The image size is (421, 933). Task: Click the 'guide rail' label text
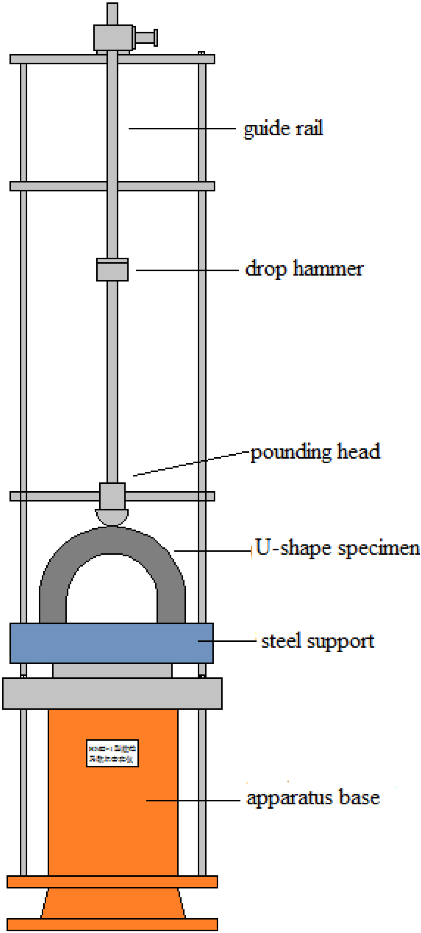pos(283,128)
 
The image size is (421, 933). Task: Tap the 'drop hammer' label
pos(304,269)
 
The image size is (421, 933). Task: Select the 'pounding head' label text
pos(315,452)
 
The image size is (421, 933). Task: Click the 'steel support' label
pos(318,641)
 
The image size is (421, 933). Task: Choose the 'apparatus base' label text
pos(313,798)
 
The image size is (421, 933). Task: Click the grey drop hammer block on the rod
pos(112,269)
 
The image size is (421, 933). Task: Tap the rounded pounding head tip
pos(112,517)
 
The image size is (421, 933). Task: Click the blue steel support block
pos(111,643)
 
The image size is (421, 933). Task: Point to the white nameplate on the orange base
pos(112,753)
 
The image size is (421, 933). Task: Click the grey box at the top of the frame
pos(113,38)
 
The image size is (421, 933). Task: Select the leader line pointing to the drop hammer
pos(187,270)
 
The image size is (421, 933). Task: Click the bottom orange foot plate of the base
pos(112,924)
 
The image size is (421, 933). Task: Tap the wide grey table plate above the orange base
pos(112,693)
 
